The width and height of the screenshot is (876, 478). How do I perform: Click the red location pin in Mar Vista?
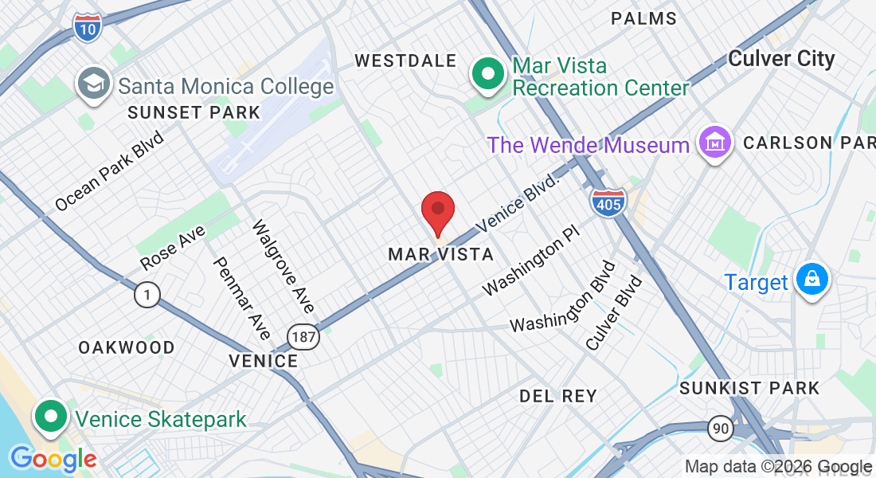coord(437,210)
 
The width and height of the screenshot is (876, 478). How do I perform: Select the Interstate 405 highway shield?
coord(608,202)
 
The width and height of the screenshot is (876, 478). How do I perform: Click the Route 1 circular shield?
coord(147,296)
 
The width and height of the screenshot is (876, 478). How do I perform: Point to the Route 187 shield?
coord(304,337)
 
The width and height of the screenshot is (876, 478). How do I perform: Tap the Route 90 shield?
coord(720,429)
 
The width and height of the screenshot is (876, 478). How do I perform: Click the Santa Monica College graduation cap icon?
coord(94,84)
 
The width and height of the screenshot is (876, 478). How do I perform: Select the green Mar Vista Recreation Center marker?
coord(488,75)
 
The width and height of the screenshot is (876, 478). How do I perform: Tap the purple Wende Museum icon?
coord(714,143)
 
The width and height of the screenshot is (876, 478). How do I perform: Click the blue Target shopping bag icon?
coord(811,280)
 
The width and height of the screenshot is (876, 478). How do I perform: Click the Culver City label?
coord(781,59)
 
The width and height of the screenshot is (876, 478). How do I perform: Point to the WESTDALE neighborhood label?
coord(405,61)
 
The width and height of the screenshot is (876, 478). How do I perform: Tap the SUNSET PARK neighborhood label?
coord(194,112)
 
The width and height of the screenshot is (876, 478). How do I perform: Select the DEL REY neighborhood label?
coord(557,396)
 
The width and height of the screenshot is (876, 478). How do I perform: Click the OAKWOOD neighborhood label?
coord(127,347)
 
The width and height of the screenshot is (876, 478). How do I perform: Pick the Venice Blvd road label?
coord(519,203)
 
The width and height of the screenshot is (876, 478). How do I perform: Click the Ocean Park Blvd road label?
coord(109,171)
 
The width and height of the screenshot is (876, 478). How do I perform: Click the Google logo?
coord(53,459)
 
